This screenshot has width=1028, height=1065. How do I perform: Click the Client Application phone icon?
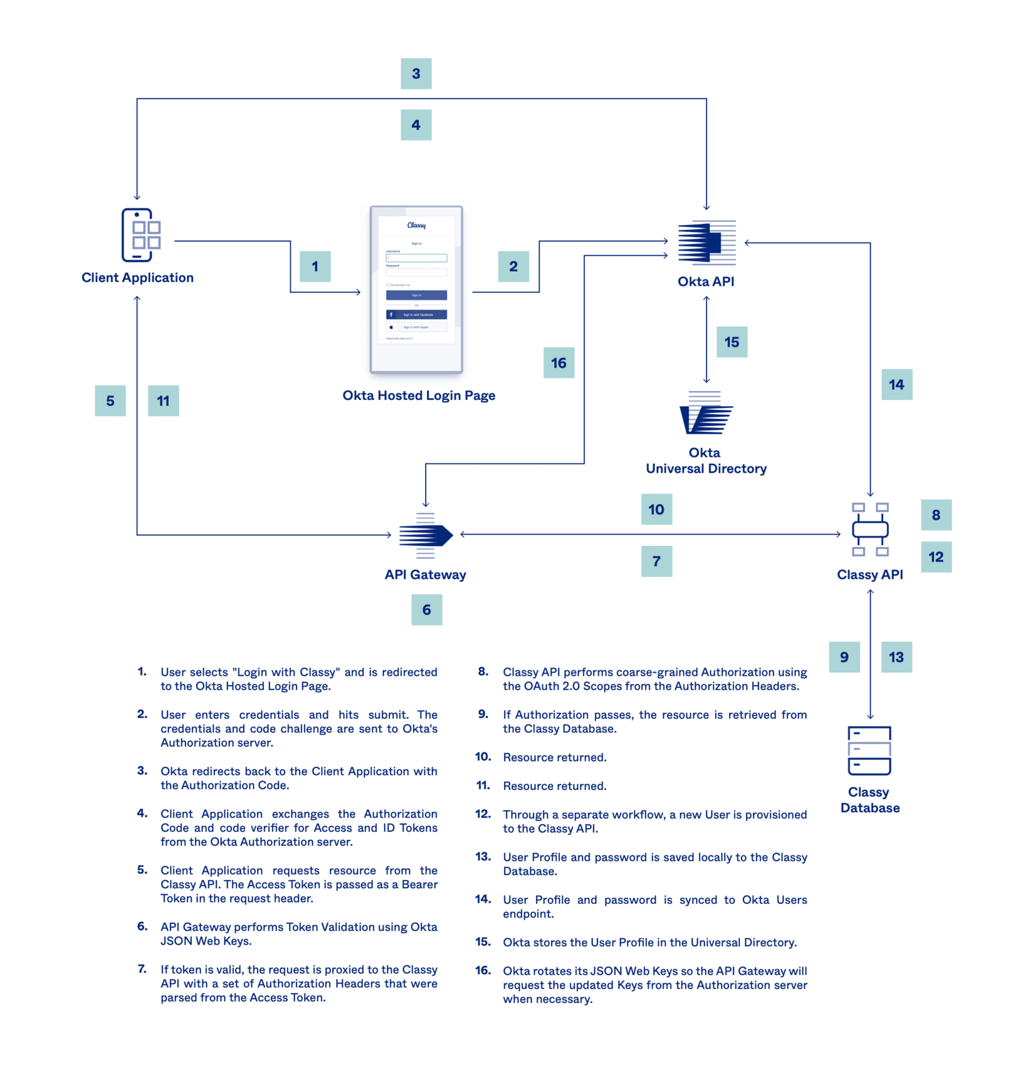pyautogui.click(x=140, y=235)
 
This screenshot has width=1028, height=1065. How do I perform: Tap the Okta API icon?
pyautogui.click(x=706, y=242)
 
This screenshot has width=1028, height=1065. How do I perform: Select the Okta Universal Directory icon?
pyautogui.click(x=706, y=413)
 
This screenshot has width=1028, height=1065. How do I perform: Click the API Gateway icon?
pyautogui.click(x=426, y=535)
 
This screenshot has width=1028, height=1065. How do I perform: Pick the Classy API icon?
pyautogui.click(x=870, y=530)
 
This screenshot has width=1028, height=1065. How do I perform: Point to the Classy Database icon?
pyautogui.click(x=869, y=751)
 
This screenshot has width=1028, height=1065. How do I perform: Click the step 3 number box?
pyautogui.click(x=416, y=74)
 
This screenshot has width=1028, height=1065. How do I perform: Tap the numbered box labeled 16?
pyautogui.click(x=559, y=363)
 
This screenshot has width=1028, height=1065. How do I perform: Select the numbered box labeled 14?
pyautogui.click(x=896, y=385)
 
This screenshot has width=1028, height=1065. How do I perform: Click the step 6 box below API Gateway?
pyautogui.click(x=427, y=610)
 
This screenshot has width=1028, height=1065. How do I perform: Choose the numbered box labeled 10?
pyautogui.click(x=656, y=510)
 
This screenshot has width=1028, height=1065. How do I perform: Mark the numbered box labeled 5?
pyautogui.click(x=110, y=401)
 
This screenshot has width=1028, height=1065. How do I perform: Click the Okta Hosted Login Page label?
pyautogui.click(x=419, y=396)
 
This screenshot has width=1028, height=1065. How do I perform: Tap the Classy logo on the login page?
pyautogui.click(x=416, y=225)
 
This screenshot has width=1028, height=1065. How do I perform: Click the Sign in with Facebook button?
pyautogui.click(x=416, y=315)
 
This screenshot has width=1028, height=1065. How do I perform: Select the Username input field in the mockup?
pyautogui.click(x=416, y=258)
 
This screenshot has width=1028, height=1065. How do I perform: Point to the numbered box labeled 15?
pyautogui.click(x=732, y=342)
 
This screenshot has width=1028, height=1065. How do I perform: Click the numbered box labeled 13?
pyautogui.click(x=896, y=658)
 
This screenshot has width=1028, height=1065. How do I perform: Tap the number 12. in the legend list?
pyautogui.click(x=483, y=814)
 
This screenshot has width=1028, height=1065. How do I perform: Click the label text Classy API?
pyautogui.click(x=870, y=575)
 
